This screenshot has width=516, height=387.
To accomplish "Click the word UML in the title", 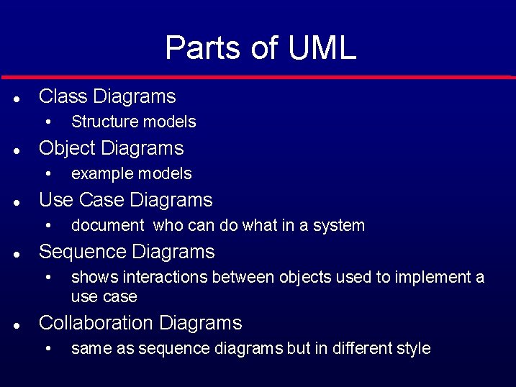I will pos(322,48).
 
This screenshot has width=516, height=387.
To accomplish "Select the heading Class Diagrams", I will pos(107,96).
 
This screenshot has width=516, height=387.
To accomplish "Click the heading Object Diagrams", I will pos(112,148).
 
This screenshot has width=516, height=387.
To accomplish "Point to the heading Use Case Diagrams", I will pos(126,200).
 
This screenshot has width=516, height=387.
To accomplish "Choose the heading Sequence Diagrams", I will pos(127,252).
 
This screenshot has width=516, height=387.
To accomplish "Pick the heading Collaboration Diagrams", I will pos(140,323).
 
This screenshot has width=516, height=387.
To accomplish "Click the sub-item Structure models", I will pos(134,122).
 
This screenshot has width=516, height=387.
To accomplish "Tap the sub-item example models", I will pos(132,174).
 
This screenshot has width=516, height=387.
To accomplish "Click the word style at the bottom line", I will pos(413,349).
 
